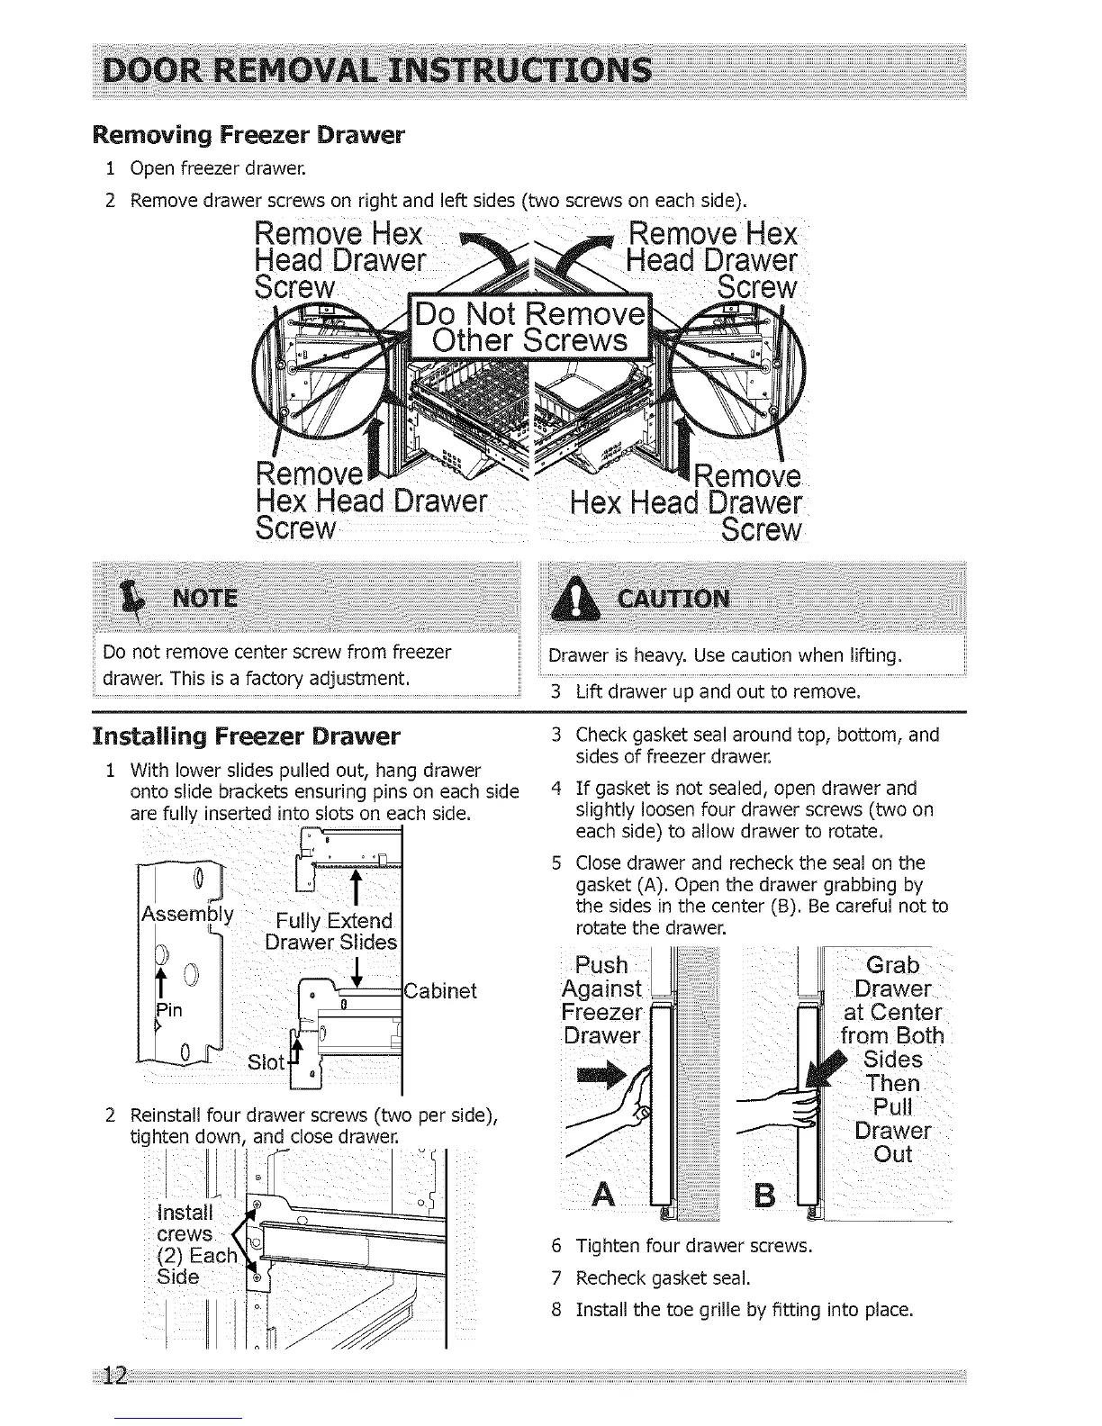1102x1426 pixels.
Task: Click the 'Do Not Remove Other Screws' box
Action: coord(529,327)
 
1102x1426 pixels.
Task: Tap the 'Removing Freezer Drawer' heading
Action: coord(248,136)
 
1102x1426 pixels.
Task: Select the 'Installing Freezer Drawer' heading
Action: coord(246,736)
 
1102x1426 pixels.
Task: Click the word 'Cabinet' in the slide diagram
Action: coord(441,991)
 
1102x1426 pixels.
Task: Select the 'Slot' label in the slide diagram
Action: coord(266,1062)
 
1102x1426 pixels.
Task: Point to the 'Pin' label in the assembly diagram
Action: coord(169,1009)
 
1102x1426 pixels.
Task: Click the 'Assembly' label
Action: coord(187,916)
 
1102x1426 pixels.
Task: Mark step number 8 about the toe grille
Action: coord(556,1309)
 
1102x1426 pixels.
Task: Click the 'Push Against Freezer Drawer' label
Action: coord(601,1000)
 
